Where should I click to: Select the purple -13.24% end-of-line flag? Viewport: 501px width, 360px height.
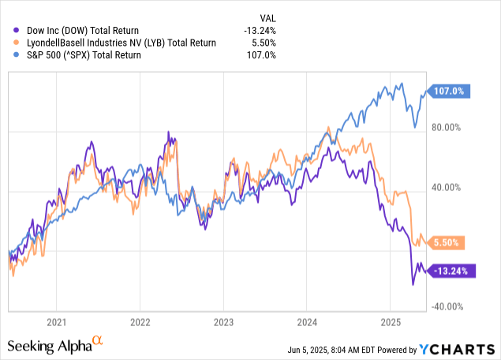pyautogui.click(x=450, y=271)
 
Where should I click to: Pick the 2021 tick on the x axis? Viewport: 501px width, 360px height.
pyautogui.click(x=55, y=322)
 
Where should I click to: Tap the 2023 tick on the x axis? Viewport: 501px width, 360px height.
pyautogui.click(x=223, y=322)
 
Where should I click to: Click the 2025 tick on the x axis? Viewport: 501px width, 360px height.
pyautogui.click(x=391, y=322)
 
